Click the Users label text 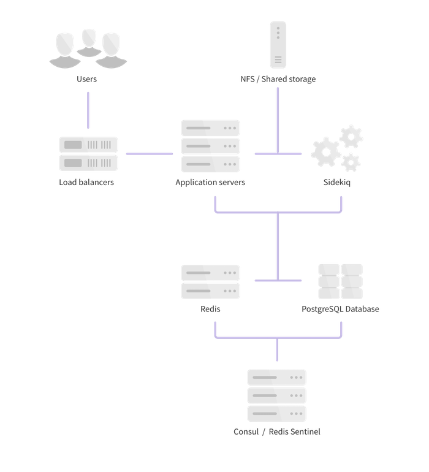click(88, 79)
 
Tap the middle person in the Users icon click(89, 43)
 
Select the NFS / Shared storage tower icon click(278, 44)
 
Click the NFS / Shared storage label click(278, 79)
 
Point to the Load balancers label click(86, 182)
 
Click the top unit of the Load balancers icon click(88, 145)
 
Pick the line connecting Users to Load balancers click(88, 110)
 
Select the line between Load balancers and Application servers click(150, 154)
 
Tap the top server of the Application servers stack click(210, 128)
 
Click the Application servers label click(210, 182)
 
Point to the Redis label click(210, 309)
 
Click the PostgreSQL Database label click(340, 309)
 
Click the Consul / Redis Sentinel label click(277, 432)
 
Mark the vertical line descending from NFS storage click(278, 120)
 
